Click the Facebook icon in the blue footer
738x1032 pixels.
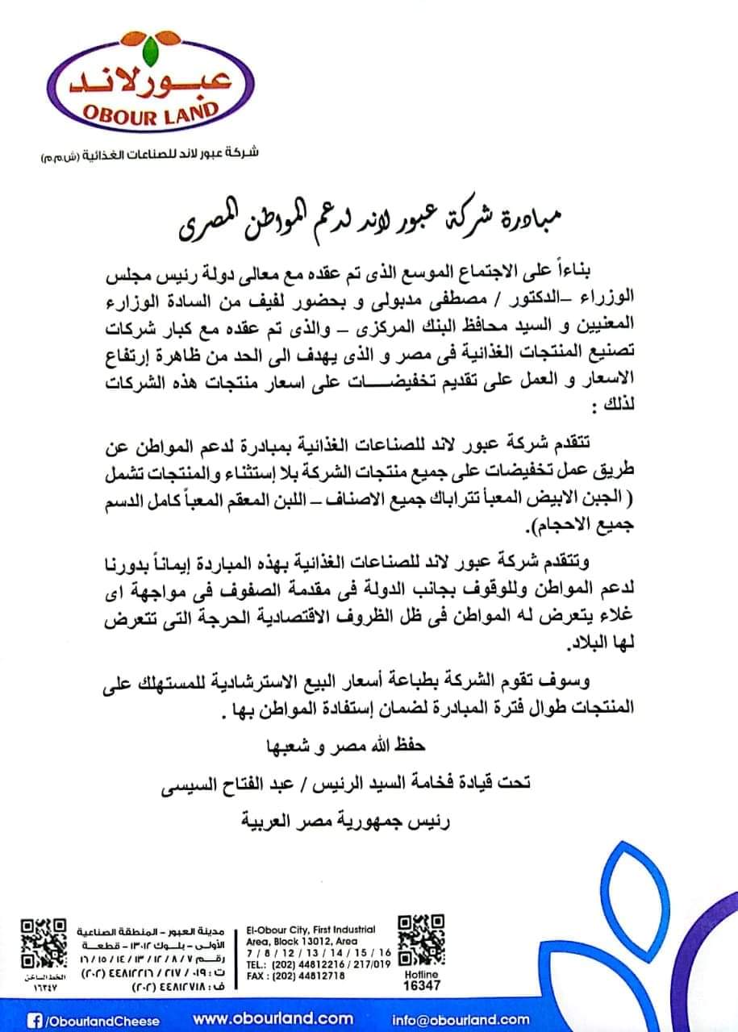pyautogui.click(x=35, y=1020)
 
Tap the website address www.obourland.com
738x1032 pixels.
pyautogui.click(x=273, y=1019)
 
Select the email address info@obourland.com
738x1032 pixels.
pyautogui.click(x=461, y=1019)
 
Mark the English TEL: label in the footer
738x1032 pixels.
pyautogui.click(x=257, y=964)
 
